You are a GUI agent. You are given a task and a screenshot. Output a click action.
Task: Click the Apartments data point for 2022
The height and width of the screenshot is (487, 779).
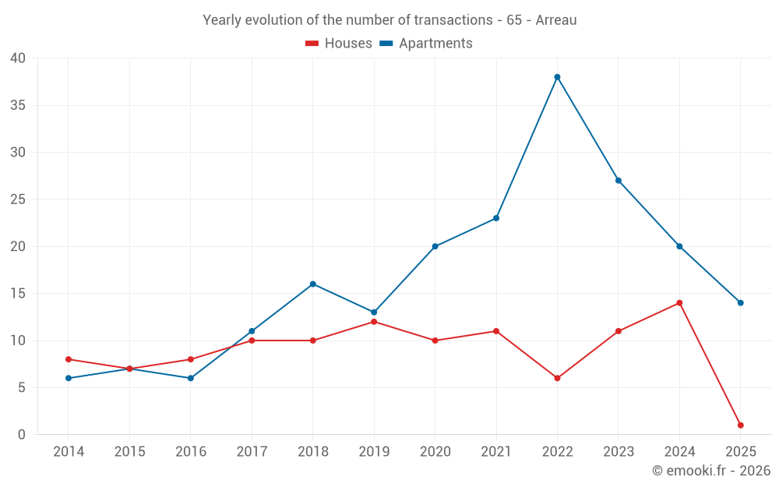(557, 77)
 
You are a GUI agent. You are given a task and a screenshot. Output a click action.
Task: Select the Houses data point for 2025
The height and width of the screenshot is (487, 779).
(740, 425)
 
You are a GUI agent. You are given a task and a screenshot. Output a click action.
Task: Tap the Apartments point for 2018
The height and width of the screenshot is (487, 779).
(312, 284)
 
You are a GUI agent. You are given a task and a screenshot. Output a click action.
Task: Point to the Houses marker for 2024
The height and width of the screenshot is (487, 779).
(679, 303)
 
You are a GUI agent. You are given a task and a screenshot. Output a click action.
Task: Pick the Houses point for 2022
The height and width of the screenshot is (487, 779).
(557, 379)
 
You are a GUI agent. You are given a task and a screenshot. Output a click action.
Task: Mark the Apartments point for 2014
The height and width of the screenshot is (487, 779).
(69, 379)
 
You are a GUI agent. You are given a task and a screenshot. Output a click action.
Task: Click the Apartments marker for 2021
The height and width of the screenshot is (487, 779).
(496, 218)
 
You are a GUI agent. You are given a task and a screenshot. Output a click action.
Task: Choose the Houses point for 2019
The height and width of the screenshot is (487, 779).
(374, 322)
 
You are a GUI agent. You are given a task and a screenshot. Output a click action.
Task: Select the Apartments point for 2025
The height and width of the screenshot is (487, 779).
(740, 303)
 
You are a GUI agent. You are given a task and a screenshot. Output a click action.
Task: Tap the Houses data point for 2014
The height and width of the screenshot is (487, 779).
(69, 359)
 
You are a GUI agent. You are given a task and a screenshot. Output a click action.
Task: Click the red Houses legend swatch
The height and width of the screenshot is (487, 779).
(312, 44)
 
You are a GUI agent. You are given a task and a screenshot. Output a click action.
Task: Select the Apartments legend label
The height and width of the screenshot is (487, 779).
(435, 44)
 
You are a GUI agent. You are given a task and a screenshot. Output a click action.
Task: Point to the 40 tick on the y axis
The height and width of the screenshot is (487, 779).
(18, 58)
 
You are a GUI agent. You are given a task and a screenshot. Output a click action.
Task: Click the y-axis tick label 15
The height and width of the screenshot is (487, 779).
(18, 294)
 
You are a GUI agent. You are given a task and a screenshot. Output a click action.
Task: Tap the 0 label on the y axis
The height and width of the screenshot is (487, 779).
(22, 435)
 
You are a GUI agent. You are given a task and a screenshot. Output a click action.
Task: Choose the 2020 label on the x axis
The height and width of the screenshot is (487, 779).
(435, 452)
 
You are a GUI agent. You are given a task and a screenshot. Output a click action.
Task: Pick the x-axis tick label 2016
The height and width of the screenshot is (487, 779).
(190, 452)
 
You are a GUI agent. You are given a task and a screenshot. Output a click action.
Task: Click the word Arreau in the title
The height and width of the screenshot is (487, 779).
(555, 20)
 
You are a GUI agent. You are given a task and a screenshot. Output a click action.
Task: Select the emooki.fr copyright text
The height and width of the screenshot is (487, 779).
(711, 471)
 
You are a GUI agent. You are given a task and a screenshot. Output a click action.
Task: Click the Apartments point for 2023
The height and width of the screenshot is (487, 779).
(619, 181)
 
